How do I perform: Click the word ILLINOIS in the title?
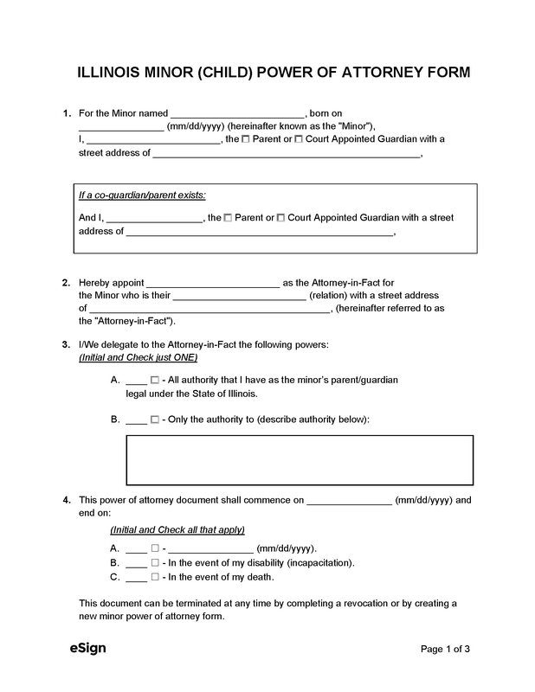tap(105, 73)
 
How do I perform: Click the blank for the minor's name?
tap(238, 113)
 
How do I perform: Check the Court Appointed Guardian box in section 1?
tap(299, 138)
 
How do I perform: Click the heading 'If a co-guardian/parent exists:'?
tap(142, 195)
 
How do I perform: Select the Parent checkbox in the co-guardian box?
tap(229, 218)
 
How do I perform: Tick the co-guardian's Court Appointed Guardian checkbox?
tap(281, 218)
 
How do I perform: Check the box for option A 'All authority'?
tap(155, 381)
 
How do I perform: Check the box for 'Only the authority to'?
tap(155, 420)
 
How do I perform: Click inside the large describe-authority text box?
tap(300, 460)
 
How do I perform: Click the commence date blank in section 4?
tap(349, 500)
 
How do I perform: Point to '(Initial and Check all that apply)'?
tap(177, 529)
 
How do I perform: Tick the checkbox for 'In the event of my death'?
tap(155, 576)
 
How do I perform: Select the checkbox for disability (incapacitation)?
tap(155, 562)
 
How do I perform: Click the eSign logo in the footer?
tap(88, 648)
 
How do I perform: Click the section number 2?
tap(66, 282)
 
